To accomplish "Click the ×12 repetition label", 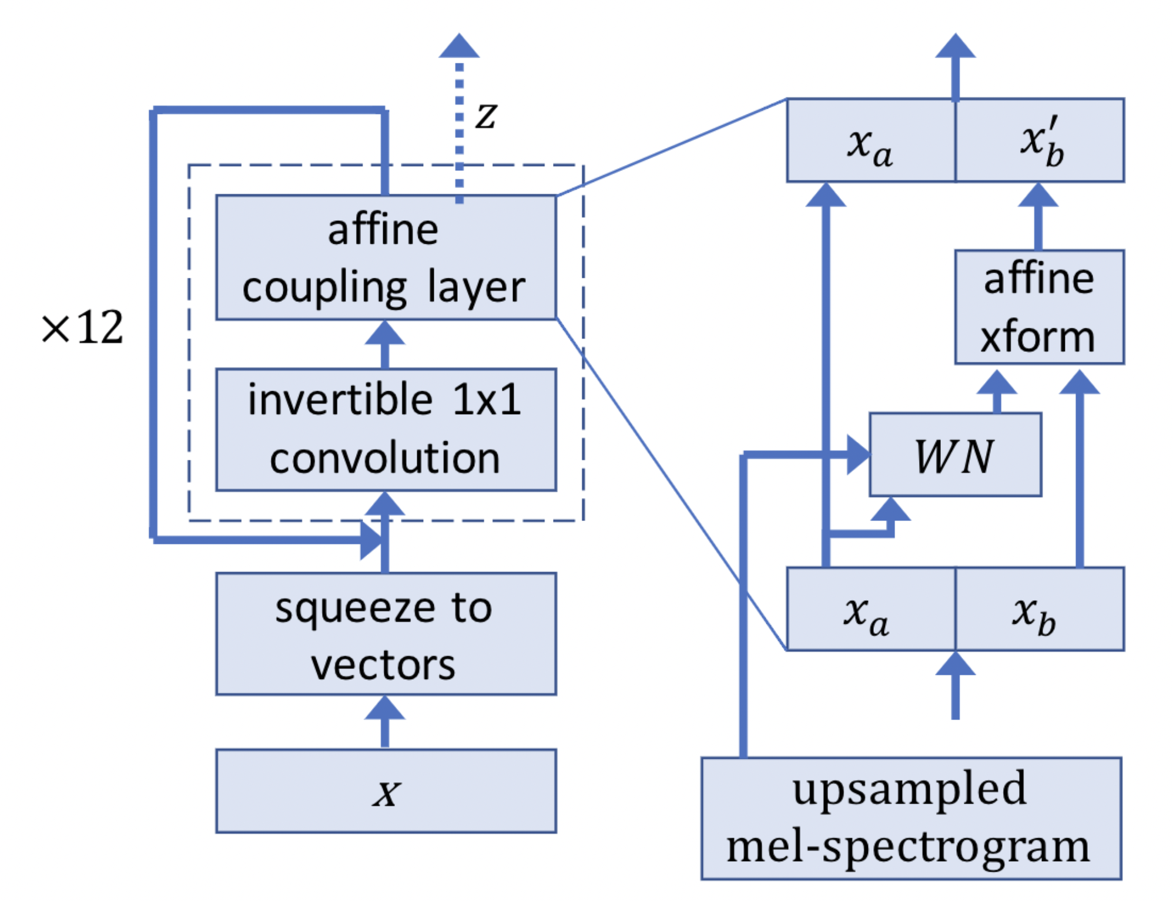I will (82, 327).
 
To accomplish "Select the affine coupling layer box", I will (386, 257).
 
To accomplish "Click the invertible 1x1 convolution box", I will (386, 429).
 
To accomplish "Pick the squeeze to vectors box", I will (386, 634).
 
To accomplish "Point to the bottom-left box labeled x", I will (386, 791).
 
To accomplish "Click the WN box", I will (954, 455).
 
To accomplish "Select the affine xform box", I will (1038, 307).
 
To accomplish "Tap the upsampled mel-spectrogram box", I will (910, 818).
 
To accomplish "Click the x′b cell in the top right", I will (1040, 140).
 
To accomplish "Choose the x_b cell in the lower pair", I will (1039, 609).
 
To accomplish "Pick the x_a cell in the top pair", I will (870, 140).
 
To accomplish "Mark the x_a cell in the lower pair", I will (870, 609).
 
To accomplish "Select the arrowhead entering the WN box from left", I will (858, 455).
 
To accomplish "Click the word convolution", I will (384, 459).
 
